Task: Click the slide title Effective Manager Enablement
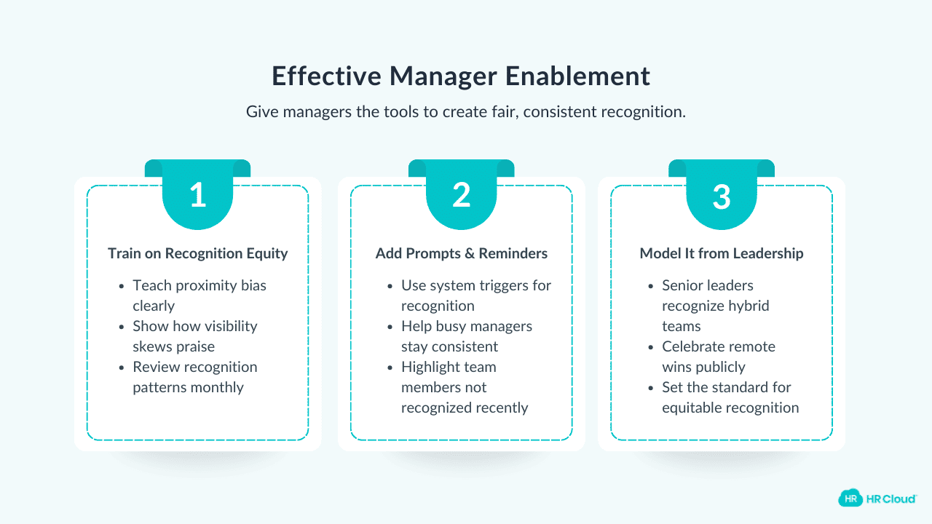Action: pos(461,76)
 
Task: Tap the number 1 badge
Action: pos(197,196)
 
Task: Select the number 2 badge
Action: pos(462,196)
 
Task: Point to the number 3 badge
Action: pos(721,196)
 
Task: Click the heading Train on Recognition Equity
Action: pos(198,253)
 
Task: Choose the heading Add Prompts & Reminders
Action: pos(462,253)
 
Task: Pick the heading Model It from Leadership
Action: pos(722,253)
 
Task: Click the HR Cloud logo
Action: pos(877,499)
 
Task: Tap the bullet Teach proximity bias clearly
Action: pos(199,295)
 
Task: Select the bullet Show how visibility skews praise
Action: pos(194,336)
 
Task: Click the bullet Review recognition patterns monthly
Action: pos(194,377)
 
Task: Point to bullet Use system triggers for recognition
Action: pos(476,295)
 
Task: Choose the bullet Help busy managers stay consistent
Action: pos(466,336)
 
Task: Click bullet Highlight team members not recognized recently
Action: pos(464,387)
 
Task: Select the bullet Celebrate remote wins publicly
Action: pos(718,357)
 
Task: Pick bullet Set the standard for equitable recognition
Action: pos(730,397)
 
